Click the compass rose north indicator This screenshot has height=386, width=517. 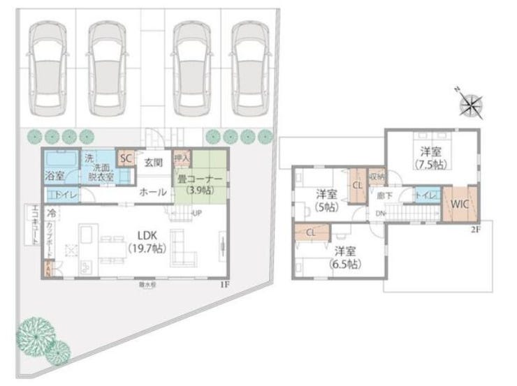point(471,105)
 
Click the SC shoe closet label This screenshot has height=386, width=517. point(126,158)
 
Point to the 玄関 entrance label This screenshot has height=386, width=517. point(153,163)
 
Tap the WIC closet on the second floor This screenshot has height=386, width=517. point(459,204)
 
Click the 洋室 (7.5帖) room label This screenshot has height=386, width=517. point(430,157)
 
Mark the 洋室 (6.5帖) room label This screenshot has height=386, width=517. point(344,258)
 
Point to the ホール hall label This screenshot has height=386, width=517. point(152,191)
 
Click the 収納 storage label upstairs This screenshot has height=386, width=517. point(377,177)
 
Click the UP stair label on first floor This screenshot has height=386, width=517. point(198,213)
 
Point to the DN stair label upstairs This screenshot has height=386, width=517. point(381,213)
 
